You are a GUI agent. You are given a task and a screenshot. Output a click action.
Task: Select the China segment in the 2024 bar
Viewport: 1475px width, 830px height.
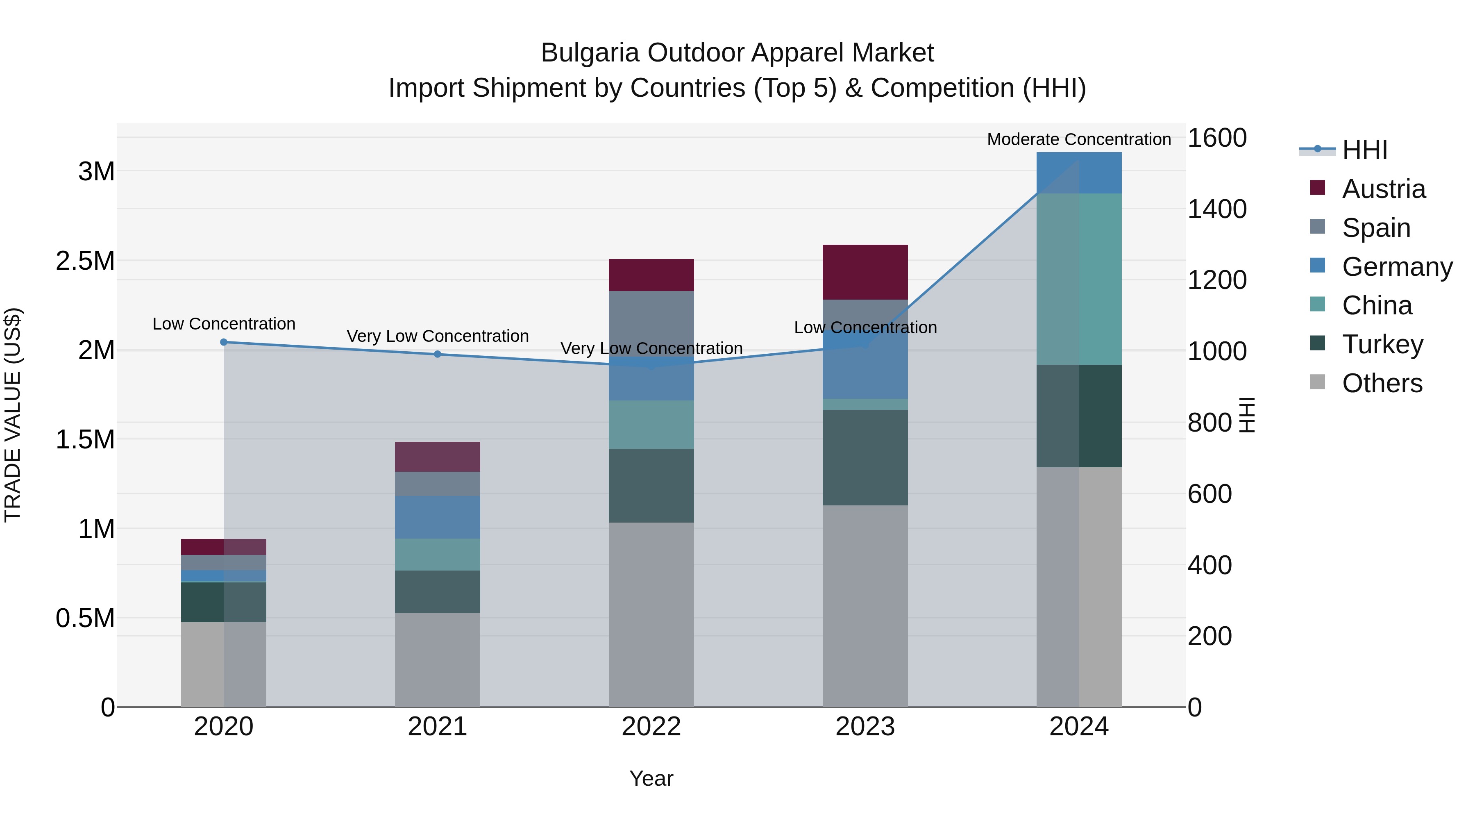click(1079, 279)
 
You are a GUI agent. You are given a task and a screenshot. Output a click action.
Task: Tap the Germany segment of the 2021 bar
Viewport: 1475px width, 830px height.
click(438, 517)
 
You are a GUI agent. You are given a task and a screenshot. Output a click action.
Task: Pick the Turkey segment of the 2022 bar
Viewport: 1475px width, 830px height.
click(651, 485)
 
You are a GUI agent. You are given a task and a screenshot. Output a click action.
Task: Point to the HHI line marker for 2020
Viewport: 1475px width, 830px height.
click(224, 342)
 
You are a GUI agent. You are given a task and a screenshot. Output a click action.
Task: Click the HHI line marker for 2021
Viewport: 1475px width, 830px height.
click(438, 354)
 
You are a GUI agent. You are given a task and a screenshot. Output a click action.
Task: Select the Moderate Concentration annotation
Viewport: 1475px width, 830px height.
click(1079, 139)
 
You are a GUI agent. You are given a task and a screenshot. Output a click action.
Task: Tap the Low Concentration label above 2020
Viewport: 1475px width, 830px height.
click(224, 324)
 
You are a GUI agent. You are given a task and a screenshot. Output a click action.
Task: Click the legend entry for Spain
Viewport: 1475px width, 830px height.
click(1376, 228)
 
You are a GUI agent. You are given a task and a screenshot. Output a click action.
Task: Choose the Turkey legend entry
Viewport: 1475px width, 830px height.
click(1382, 344)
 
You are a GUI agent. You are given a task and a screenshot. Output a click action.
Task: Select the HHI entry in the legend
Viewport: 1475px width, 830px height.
click(1364, 150)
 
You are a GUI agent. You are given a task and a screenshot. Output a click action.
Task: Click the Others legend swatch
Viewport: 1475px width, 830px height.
click(1318, 382)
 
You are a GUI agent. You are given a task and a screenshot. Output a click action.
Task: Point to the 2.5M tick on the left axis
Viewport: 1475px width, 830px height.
click(85, 261)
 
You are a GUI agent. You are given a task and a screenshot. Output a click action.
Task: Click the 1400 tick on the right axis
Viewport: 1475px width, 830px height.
click(1217, 209)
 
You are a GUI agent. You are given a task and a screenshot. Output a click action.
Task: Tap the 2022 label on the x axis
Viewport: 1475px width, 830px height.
click(651, 726)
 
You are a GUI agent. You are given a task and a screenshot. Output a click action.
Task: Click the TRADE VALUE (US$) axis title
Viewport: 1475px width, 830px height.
click(13, 415)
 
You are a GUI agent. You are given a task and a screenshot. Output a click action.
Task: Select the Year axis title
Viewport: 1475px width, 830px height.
click(651, 778)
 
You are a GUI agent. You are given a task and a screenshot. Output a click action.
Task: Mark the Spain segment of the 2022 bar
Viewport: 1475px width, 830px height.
click(651, 324)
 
